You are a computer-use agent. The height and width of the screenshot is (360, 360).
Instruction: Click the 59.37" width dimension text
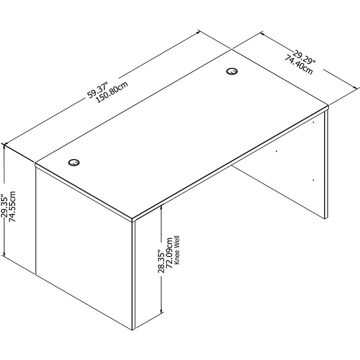point(97,90)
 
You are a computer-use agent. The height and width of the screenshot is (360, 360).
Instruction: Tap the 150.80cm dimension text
point(112,92)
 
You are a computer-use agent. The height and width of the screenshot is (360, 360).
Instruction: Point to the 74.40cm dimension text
point(299,65)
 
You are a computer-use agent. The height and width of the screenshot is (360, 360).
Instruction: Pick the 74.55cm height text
point(12,207)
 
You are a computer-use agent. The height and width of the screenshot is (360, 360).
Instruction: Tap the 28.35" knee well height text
point(161,261)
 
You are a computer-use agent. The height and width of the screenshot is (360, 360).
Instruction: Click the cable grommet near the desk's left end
point(74,162)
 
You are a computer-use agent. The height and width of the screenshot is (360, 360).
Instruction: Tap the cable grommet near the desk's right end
point(232,71)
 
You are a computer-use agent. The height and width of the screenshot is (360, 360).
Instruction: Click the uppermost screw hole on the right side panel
point(314,122)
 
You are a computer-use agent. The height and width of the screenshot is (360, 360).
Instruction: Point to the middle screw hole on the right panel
point(276,151)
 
